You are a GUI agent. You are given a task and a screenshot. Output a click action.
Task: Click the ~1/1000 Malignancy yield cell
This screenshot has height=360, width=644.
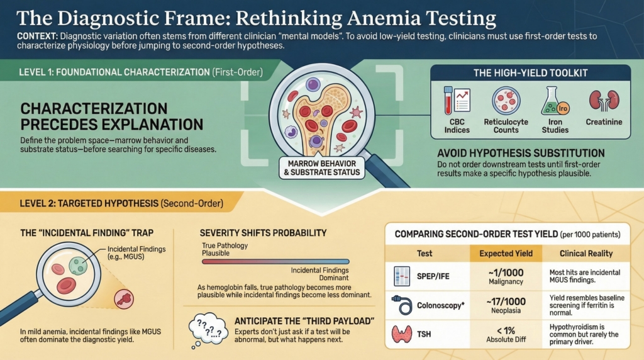point(506,278)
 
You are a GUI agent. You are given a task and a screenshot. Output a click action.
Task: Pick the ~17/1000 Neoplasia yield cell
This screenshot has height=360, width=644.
point(506,307)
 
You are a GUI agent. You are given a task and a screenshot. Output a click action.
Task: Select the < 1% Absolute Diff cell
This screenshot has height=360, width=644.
point(506,335)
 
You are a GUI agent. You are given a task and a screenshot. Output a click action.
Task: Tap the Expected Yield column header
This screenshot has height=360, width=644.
point(506,254)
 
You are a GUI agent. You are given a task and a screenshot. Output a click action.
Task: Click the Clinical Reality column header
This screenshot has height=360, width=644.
point(586,254)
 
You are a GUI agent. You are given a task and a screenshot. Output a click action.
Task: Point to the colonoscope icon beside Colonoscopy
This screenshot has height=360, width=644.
point(401,306)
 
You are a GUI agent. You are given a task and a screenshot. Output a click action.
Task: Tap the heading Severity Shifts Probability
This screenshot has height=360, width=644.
point(263,233)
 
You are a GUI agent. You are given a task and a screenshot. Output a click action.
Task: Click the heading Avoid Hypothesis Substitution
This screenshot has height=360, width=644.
point(521,153)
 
